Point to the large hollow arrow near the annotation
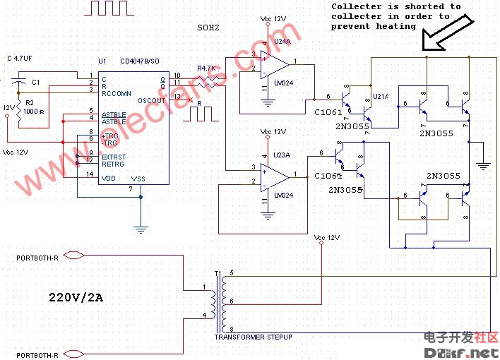pos(443,37)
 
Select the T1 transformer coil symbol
pos(217,301)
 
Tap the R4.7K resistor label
pos(206,69)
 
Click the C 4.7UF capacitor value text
pos(23,58)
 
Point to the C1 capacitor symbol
pos(20,83)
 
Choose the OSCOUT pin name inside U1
pos(151,100)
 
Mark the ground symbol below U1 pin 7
pos(141,229)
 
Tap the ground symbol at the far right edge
pos(483,166)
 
